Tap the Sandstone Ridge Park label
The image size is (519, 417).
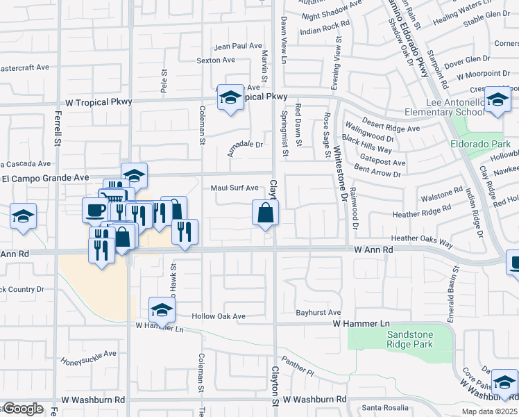pyautogui.click(x=409, y=339)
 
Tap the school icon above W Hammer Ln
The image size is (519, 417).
pyautogui.click(x=162, y=310)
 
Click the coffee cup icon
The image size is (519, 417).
pyautogui.click(x=94, y=209)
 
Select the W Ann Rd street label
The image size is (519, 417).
pyautogui.click(x=373, y=249)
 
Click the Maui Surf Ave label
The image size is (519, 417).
pyautogui.click(x=235, y=188)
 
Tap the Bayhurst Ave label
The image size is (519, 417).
pyautogui.click(x=318, y=313)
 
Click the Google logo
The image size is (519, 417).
pyautogui.click(x=22, y=409)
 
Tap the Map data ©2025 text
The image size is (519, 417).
pyautogui.click(x=489, y=411)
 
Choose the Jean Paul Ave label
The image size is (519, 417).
pyautogui.click(x=238, y=47)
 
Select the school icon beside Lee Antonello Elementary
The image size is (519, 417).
pyautogui.click(x=497, y=99)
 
